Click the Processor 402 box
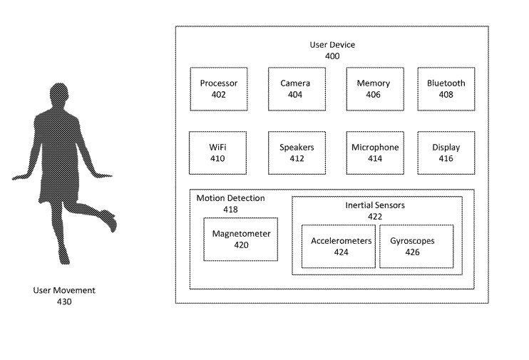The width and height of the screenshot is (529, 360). coord(218,89)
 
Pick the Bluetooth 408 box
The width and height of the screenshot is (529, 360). coord(446,89)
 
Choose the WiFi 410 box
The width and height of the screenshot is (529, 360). coord(218,153)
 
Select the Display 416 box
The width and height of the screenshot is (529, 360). coord(446,153)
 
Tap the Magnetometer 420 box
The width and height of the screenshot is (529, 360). coord(242,240)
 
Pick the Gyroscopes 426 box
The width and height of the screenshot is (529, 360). coord(412,247)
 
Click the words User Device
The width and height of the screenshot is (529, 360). coord(332,45)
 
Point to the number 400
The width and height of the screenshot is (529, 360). coord(332,56)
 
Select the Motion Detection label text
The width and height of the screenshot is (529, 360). coord(230,198)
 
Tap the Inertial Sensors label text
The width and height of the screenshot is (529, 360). coord(375,205)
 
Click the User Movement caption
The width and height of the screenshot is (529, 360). coord(64,291)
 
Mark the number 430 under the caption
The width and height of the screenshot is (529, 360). coord(64,302)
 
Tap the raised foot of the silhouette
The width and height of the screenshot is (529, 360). coord(110,220)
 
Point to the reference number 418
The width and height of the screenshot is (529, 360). coord(230,210)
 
